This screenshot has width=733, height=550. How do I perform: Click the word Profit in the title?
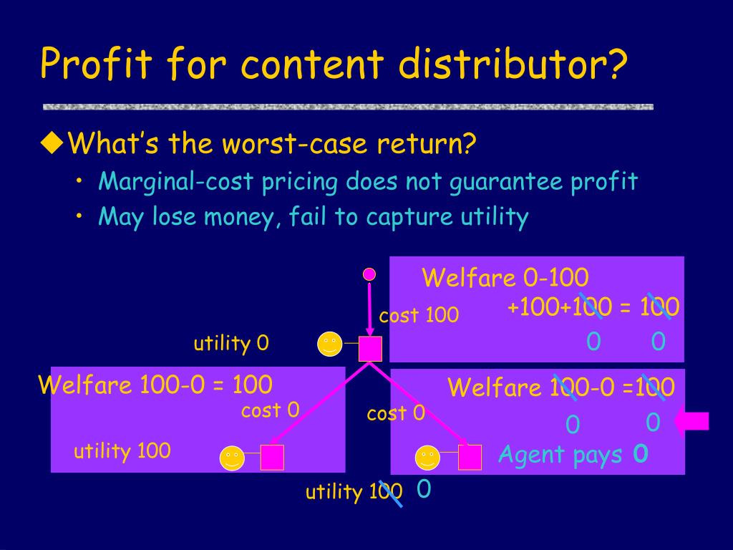(x=96, y=63)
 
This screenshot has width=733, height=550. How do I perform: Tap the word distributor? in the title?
(x=513, y=63)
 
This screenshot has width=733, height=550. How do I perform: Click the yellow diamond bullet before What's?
(x=52, y=143)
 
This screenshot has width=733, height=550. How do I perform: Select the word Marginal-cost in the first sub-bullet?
(x=176, y=181)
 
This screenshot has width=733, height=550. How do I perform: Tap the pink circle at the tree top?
(x=369, y=274)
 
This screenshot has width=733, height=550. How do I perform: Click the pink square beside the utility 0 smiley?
(x=370, y=349)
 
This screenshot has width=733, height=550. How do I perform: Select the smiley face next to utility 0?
(x=329, y=344)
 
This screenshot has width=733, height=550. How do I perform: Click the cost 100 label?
(x=419, y=315)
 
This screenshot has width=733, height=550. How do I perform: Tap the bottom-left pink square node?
(x=272, y=457)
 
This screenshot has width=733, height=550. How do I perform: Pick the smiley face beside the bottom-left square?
(x=232, y=458)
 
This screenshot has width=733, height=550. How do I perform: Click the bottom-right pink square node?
(x=470, y=457)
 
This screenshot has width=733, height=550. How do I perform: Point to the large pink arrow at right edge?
(x=692, y=421)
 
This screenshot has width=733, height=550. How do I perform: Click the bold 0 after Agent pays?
(x=641, y=453)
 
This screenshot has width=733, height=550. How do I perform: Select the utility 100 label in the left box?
(x=122, y=451)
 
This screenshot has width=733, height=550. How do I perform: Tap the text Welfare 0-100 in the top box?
(x=505, y=277)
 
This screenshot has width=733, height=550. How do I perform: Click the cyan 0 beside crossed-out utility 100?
(x=424, y=488)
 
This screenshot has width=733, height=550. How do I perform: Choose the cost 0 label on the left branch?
(x=270, y=410)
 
